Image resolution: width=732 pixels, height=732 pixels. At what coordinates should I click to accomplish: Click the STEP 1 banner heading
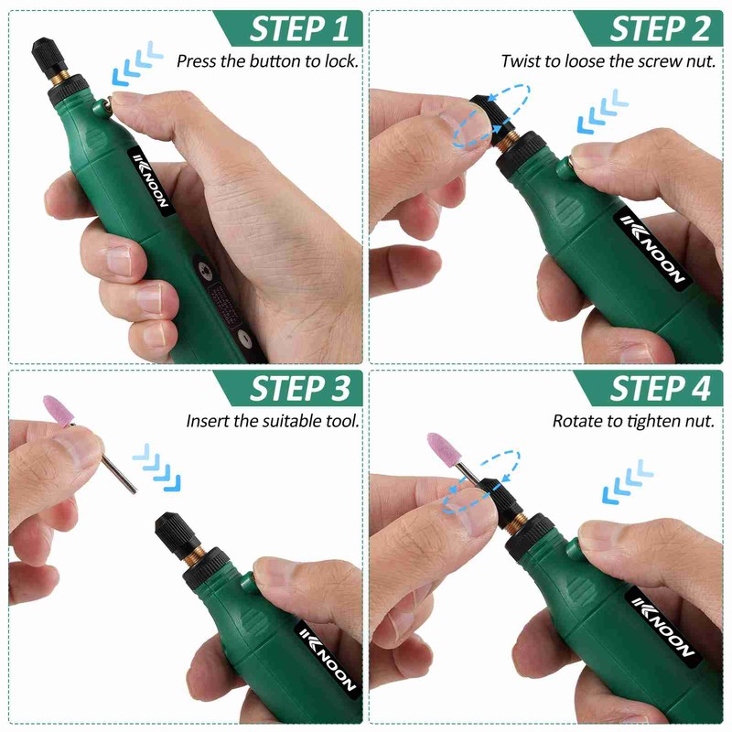(x=287, y=28)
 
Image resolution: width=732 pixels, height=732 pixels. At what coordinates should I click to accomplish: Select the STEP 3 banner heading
(x=287, y=388)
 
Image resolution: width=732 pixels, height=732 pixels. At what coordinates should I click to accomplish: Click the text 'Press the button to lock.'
(x=267, y=61)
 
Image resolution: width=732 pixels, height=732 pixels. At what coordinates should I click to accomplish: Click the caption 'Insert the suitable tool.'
(x=272, y=421)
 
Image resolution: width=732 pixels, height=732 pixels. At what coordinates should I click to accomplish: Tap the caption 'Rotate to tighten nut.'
(x=631, y=421)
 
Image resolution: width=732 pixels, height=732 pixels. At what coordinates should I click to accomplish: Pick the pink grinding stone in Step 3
(x=60, y=412)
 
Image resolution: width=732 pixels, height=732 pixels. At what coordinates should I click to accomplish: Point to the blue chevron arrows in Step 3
(x=157, y=466)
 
